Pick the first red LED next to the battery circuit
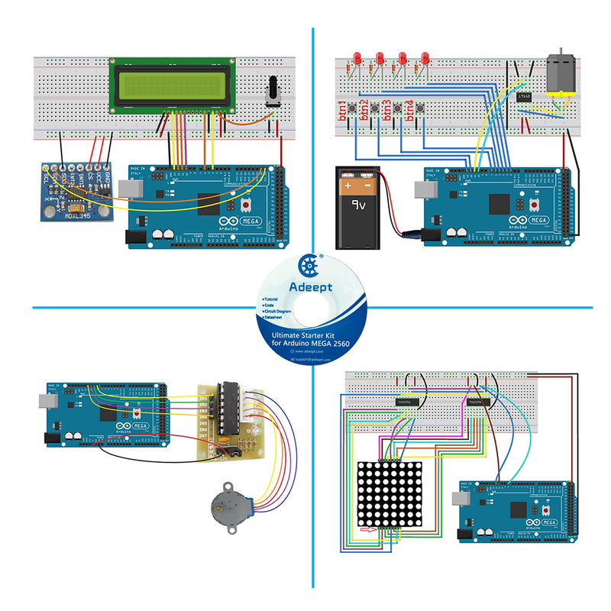357,58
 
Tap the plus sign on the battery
348,185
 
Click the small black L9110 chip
524,97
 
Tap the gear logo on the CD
310,265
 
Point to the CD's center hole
312,308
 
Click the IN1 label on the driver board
203,396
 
